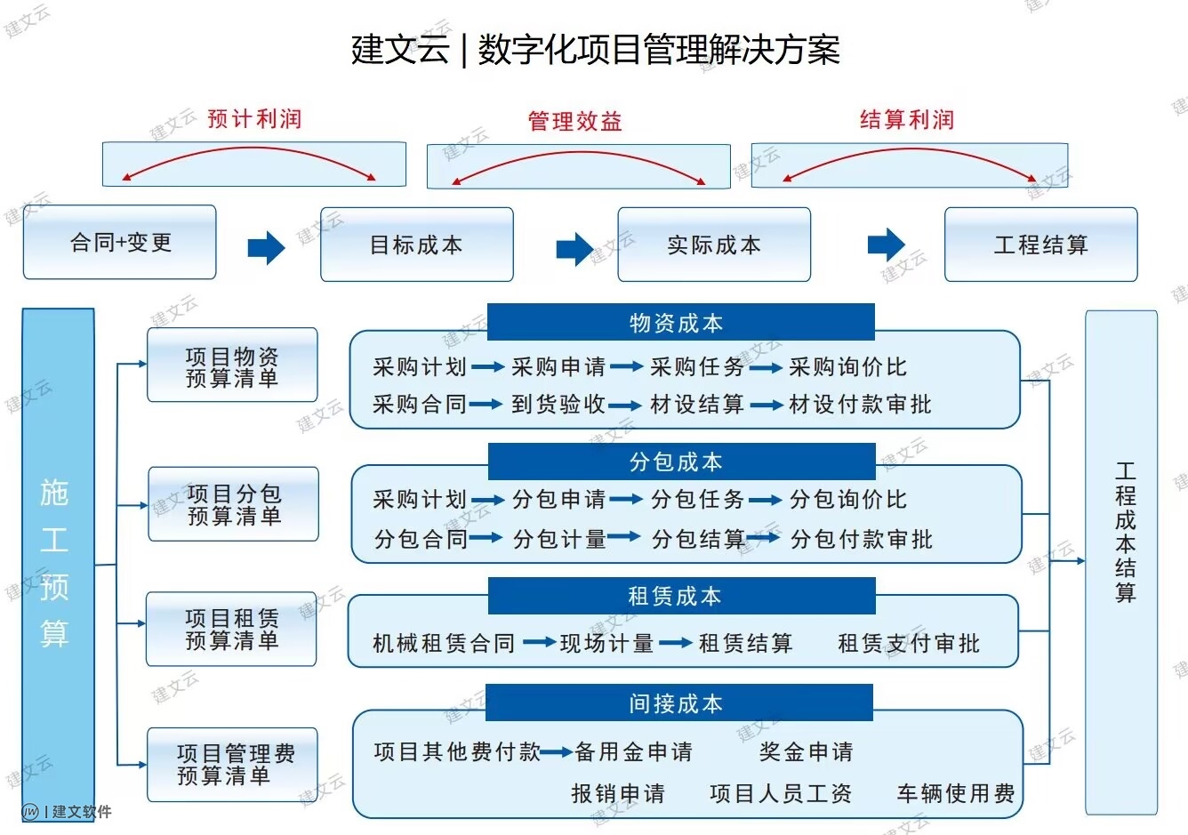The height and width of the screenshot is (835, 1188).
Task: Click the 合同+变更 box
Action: [x=119, y=243]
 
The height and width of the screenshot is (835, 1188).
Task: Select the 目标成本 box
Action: [x=416, y=245]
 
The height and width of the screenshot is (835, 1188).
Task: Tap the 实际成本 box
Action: [x=714, y=245]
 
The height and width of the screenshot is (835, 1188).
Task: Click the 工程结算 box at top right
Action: [x=1040, y=245]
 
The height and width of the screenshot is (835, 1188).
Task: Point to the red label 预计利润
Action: [x=254, y=119]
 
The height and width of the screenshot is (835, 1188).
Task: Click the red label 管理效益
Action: [x=574, y=122]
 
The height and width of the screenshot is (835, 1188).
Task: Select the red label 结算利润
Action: [x=906, y=120]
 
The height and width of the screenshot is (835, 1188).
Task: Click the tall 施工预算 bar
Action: [x=58, y=560]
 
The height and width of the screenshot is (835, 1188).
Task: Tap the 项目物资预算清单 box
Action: [x=232, y=366]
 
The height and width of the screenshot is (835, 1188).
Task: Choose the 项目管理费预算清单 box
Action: [x=233, y=765]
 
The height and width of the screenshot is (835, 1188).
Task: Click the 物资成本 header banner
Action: [x=680, y=323]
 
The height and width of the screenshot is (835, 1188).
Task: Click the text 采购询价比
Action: [x=847, y=367]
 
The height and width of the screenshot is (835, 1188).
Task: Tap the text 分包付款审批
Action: [x=861, y=539]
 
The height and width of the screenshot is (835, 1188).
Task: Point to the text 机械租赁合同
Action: [x=444, y=643]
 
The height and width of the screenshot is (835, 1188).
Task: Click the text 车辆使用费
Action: [x=955, y=793]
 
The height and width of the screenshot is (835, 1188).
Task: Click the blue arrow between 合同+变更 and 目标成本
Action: [x=266, y=246]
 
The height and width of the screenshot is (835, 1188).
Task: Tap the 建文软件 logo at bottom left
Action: [x=67, y=811]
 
